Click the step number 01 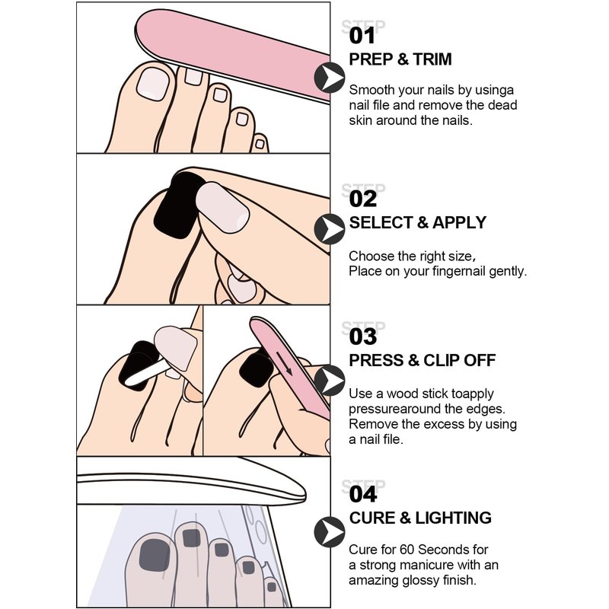[362, 36]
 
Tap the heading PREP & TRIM [400, 59]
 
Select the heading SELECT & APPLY [417, 222]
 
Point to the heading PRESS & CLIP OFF [422, 360]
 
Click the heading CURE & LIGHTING [420, 518]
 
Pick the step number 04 [363, 494]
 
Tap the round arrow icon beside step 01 [330, 78]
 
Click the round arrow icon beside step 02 [330, 229]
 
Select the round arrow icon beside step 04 [330, 532]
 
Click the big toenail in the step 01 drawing [153, 84]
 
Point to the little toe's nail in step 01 [260, 144]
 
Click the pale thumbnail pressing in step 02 [222, 207]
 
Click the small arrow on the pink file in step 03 [284, 363]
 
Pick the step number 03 [363, 336]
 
